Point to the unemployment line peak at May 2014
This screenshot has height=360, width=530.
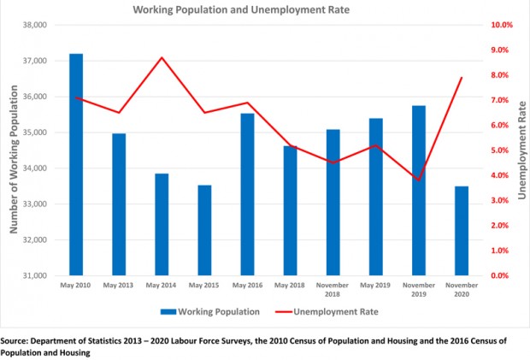[x=162, y=57]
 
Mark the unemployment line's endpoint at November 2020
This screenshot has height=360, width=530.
[x=462, y=78]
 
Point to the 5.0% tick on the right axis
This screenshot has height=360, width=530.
[x=500, y=150]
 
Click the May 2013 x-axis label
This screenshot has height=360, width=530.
[x=119, y=285]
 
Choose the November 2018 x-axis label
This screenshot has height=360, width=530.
[x=333, y=289]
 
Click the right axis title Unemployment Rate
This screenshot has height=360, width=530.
[x=521, y=150]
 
